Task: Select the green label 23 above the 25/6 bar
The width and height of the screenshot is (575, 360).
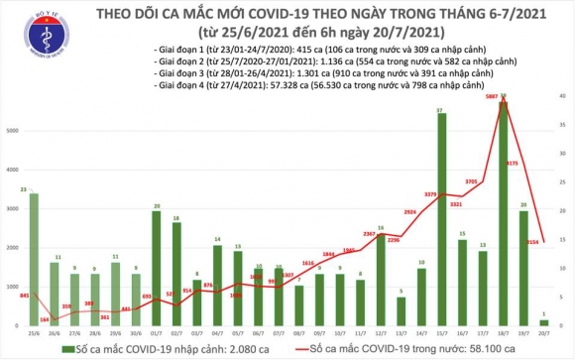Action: (x=35, y=188)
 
